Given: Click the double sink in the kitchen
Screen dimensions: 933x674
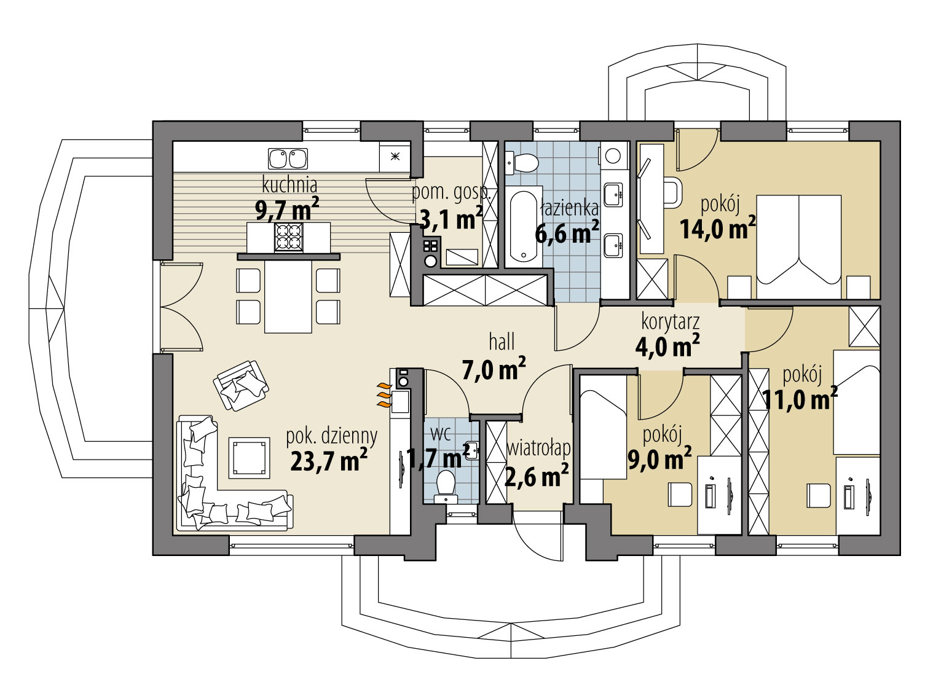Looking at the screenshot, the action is pyautogui.click(x=288, y=159).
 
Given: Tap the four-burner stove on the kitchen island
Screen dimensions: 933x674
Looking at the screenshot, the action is pyautogui.click(x=288, y=237).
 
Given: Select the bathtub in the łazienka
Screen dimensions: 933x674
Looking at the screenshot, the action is pyautogui.click(x=524, y=227).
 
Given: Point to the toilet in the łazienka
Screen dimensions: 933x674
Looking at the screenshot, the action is pyautogui.click(x=521, y=163).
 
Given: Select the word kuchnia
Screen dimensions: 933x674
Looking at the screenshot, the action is pyautogui.click(x=289, y=184).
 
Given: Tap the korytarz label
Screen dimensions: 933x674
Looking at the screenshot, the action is pyautogui.click(x=670, y=323).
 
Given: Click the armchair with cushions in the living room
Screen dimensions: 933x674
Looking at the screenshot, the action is pyautogui.click(x=241, y=385).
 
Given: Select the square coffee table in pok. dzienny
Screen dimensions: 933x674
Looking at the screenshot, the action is pyautogui.click(x=249, y=458).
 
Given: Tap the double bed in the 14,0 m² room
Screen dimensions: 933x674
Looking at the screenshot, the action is pyautogui.click(x=799, y=246).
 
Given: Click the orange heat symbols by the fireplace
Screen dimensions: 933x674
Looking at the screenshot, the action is pyautogui.click(x=384, y=395).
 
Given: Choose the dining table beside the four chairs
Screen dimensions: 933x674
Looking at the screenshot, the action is pyautogui.click(x=288, y=296).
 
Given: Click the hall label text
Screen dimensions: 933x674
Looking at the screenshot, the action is pyautogui.click(x=502, y=342).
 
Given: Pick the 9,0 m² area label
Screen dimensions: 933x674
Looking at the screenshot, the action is pyautogui.click(x=659, y=458).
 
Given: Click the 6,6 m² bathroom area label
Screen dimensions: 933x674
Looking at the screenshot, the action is pyautogui.click(x=567, y=233).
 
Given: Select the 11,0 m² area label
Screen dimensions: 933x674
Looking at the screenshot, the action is pyautogui.click(x=800, y=398).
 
